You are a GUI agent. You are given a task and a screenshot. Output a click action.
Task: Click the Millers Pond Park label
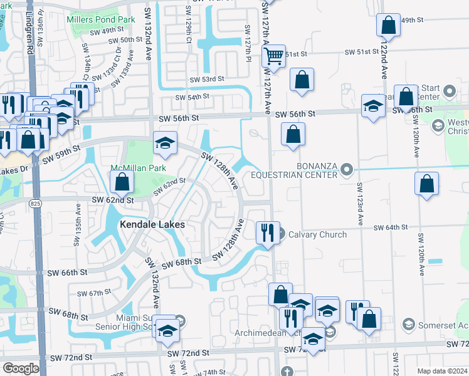(100, 20)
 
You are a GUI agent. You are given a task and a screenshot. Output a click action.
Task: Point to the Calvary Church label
(317, 235)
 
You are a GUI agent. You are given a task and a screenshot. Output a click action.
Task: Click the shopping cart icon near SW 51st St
(273, 56)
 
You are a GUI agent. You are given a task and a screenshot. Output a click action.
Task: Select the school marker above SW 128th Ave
(165, 144)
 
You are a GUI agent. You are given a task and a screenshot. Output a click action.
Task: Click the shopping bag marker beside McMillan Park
(123, 182)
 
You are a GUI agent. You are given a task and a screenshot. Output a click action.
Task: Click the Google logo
(21, 368)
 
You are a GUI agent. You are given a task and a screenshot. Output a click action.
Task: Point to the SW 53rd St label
(208, 79)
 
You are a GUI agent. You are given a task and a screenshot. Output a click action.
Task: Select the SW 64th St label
(392, 227)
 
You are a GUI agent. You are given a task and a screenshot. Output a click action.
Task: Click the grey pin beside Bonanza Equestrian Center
(347, 169)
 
